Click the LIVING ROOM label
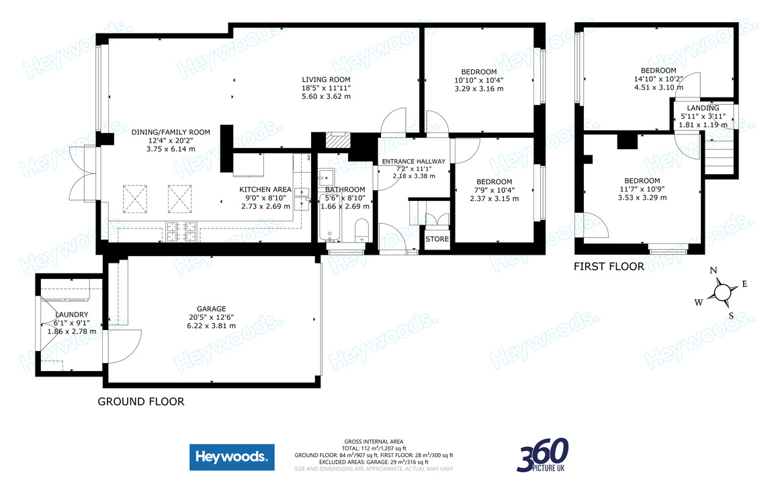click(x=326, y=79)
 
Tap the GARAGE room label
click(x=211, y=309)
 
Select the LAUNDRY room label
click(x=71, y=315)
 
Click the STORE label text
click(x=437, y=239)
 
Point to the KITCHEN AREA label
click(x=265, y=190)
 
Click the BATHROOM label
click(x=345, y=190)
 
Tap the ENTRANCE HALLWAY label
click(x=413, y=161)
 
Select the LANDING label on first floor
click(x=703, y=108)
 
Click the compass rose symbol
click(x=722, y=292)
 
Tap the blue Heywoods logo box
click(x=232, y=458)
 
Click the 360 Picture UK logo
click(x=543, y=455)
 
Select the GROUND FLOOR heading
click(x=141, y=401)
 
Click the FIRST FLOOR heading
click(x=609, y=267)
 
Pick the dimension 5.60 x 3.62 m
click(x=326, y=97)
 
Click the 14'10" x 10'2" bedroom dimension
click(x=658, y=79)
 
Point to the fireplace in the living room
click(x=334, y=140)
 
